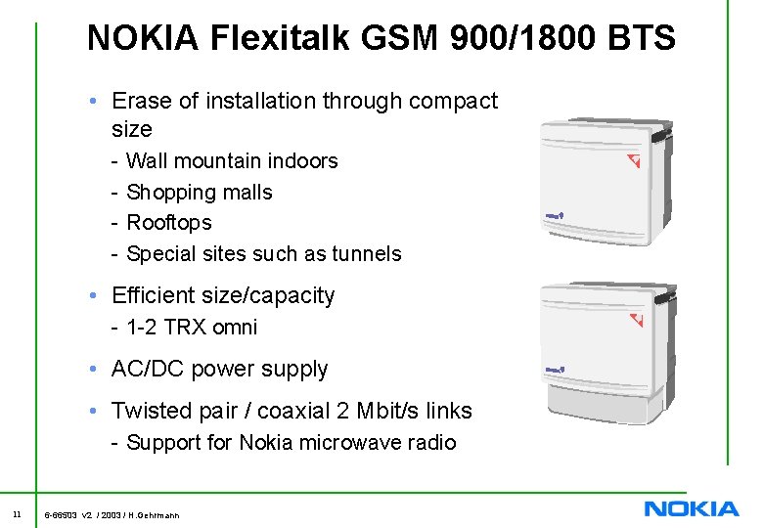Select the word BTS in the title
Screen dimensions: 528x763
click(641, 38)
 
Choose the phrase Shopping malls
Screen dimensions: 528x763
click(200, 192)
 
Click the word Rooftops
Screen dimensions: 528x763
click(169, 222)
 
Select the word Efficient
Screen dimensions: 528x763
click(157, 295)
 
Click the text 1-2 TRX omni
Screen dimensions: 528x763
click(192, 327)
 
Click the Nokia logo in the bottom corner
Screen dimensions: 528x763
click(692, 508)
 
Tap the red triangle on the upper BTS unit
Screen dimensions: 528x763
click(634, 159)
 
